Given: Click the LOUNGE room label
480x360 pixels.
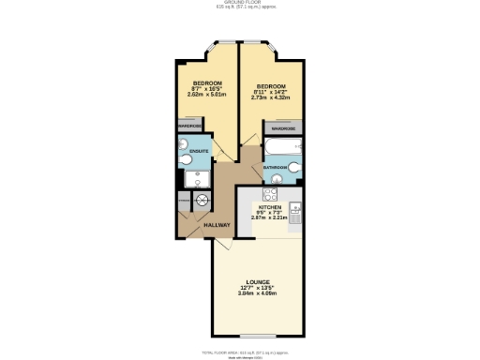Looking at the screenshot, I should (258, 282).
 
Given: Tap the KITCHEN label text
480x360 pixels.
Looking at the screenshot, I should (271, 206).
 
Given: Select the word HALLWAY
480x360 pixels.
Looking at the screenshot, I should (204, 226).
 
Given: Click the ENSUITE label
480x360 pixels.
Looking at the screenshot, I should (199, 150).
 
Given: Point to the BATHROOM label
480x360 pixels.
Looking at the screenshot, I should (275, 167).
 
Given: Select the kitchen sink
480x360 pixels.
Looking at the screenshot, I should (295, 214).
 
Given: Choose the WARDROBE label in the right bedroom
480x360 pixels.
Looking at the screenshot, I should (284, 128).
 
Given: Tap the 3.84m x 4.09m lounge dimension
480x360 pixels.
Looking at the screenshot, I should (258, 295).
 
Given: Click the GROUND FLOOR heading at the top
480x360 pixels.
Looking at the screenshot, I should (240, 4).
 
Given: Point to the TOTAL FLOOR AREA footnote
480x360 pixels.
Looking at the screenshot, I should (240, 351).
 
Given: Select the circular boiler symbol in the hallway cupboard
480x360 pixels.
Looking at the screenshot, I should (202, 201).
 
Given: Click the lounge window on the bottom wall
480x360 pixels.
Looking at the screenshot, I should (258, 335).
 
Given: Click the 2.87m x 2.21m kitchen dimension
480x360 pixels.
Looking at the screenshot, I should (271, 217).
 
